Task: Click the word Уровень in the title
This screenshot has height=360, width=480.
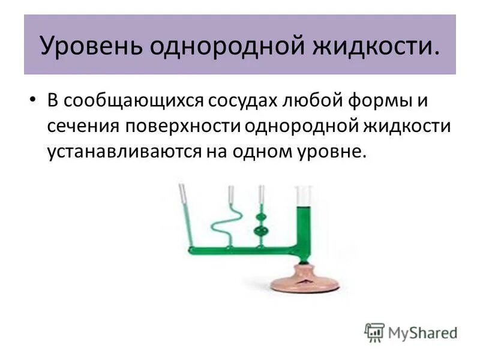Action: pos(89,46)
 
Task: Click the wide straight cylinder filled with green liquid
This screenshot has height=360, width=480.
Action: pos(303,222)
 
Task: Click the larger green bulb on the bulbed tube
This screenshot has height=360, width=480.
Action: pos(260,231)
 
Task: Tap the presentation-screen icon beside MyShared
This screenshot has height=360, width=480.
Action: pos(374,332)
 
